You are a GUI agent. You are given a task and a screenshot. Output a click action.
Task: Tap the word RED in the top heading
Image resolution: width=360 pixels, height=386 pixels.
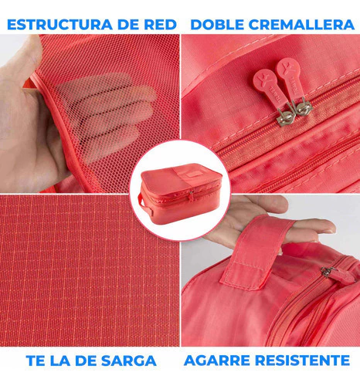(x=160, y=25)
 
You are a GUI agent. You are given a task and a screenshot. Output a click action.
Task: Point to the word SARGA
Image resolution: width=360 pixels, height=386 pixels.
(x=129, y=361)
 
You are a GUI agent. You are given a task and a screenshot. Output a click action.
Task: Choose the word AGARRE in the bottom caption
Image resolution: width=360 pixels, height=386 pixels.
(x=217, y=360)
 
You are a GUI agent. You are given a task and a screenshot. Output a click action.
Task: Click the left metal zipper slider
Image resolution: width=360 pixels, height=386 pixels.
(x=285, y=117)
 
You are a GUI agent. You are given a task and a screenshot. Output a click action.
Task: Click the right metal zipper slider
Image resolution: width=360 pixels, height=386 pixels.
(x=304, y=107)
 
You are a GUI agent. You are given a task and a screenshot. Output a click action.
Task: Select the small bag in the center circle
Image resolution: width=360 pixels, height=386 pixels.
(x=180, y=194)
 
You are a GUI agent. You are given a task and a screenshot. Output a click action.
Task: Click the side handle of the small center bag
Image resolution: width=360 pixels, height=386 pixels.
(x=144, y=204)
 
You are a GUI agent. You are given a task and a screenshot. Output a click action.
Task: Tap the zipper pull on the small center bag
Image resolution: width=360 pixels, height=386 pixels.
(x=191, y=195)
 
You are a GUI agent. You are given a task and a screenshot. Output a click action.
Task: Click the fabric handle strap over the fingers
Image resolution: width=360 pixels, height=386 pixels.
(x=255, y=252)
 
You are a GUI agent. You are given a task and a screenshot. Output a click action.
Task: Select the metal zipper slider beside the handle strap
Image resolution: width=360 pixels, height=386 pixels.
(x=327, y=272)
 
